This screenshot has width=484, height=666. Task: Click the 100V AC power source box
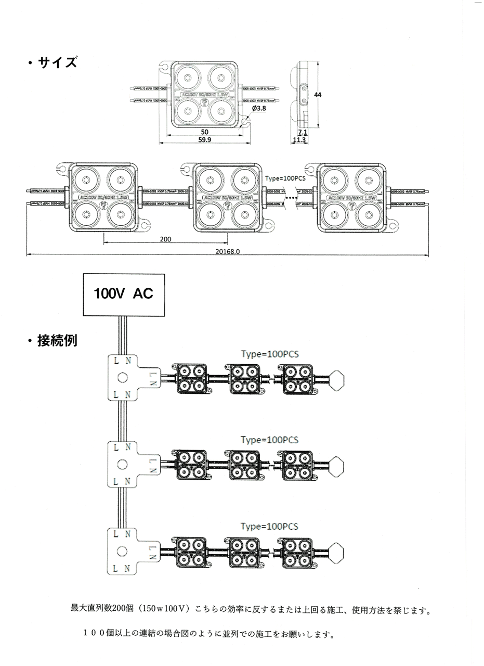tap(124, 294)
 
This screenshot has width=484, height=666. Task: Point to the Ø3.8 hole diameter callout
tap(258, 108)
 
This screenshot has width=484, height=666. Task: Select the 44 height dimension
tap(318, 95)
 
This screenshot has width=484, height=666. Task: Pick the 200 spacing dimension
tap(166, 240)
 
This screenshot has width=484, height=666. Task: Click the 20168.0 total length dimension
tap(228, 251)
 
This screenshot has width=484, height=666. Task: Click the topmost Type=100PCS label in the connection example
tap(270, 354)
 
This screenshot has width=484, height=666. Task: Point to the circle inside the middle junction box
tap(123, 464)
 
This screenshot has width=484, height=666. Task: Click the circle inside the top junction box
tap(123, 378)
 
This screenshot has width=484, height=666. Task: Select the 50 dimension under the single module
tap(204, 132)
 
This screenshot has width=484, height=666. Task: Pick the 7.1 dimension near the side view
tap(303, 133)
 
